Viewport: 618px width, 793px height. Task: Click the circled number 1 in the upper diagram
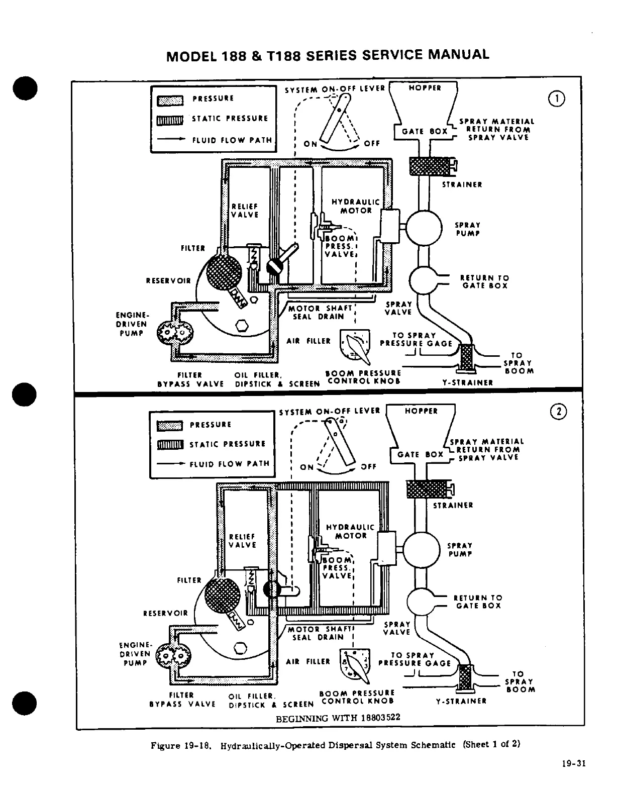pyautogui.click(x=558, y=98)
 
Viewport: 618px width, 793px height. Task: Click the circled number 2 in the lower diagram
pyautogui.click(x=558, y=412)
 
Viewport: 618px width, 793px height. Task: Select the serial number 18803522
pyautogui.click(x=380, y=717)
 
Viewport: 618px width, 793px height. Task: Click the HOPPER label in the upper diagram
pyautogui.click(x=425, y=87)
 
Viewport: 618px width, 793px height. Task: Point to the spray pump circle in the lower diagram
pyautogui.click(x=421, y=549)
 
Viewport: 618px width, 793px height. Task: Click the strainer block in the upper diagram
pyautogui.click(x=430, y=166)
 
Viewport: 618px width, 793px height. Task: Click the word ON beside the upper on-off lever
pyautogui.click(x=311, y=144)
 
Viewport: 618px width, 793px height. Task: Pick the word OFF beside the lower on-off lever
pyautogui.click(x=368, y=466)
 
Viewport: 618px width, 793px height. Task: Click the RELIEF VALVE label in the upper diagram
pyautogui.click(x=245, y=211)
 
